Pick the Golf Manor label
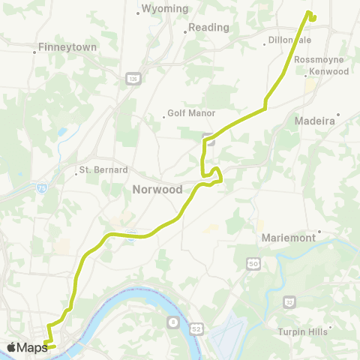(191, 114)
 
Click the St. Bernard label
(103, 169)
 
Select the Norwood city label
(157, 190)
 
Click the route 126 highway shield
(133, 78)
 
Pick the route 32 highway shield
(289, 301)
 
